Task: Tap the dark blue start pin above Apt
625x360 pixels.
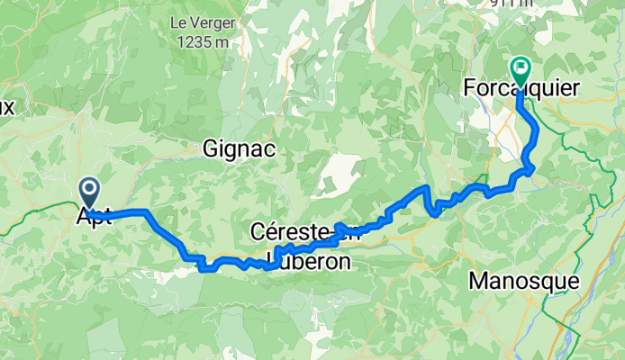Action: pos(90,191)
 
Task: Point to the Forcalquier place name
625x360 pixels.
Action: pos(521,88)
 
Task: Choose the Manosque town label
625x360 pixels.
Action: pos(524,281)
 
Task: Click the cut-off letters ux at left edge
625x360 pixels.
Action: pos(7,107)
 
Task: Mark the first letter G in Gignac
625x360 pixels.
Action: pos(212,148)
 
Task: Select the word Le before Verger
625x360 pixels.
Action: pos(175,22)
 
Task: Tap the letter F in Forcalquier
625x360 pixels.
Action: pos(468,88)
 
